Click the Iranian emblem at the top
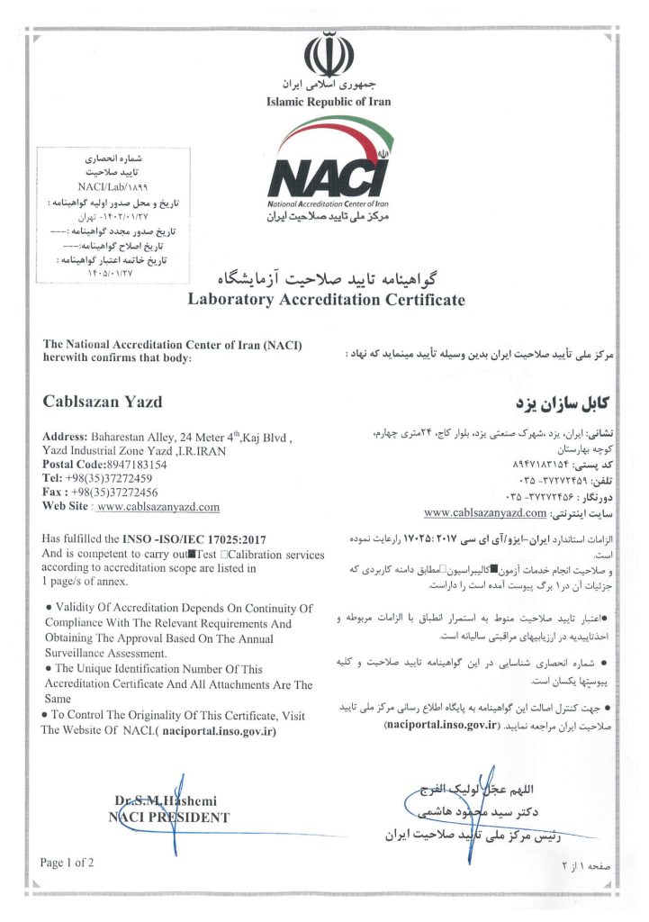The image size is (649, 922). coord(322,56)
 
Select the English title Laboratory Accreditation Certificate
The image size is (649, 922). coord(326,300)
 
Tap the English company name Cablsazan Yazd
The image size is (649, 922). coord(103,399)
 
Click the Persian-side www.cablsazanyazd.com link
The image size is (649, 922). coord(472,513)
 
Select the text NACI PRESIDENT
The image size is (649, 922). coord(168,818)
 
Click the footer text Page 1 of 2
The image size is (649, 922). coord(67,863)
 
